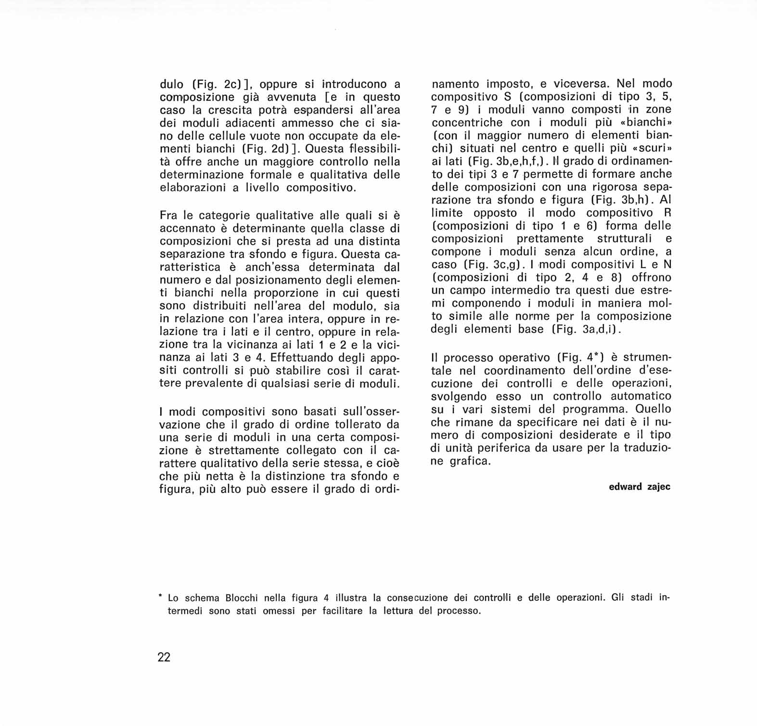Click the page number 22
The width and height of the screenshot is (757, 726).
click(x=164, y=657)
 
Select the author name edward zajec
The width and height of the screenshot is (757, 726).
click(x=639, y=487)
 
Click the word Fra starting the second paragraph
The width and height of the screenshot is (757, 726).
click(x=168, y=215)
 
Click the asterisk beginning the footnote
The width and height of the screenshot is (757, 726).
click(x=160, y=597)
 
